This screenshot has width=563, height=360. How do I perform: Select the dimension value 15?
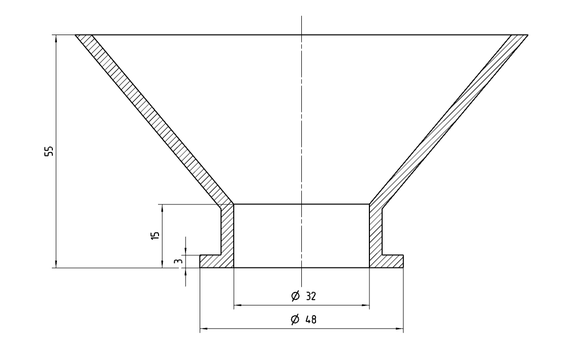click(155, 235)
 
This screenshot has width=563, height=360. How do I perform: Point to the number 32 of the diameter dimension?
click(311, 296)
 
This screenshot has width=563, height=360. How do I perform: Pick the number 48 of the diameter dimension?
click(311, 319)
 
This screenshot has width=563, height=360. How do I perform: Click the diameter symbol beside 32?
click(295, 296)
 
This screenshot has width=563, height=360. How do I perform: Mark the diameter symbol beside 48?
click(295, 319)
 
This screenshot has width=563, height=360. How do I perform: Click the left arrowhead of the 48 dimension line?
click(204, 328)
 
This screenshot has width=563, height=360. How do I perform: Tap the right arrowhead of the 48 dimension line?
click(399, 328)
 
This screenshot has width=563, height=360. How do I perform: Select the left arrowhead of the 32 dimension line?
click(238, 306)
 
